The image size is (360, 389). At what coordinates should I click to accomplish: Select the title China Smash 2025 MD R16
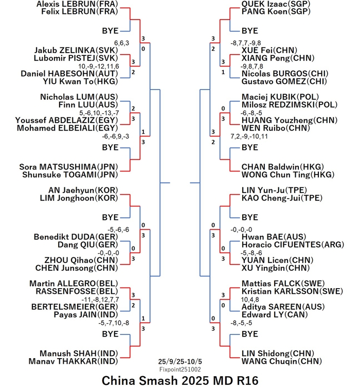tap(180, 381)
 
